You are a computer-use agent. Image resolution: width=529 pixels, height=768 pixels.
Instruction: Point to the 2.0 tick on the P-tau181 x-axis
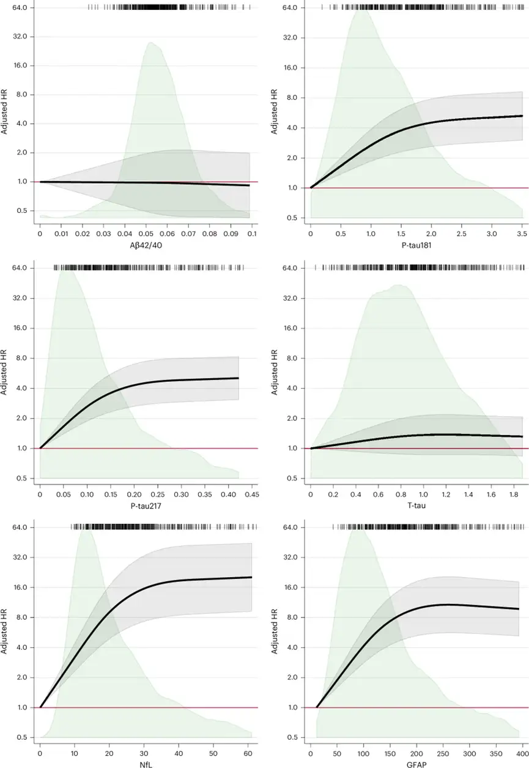(431, 234)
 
